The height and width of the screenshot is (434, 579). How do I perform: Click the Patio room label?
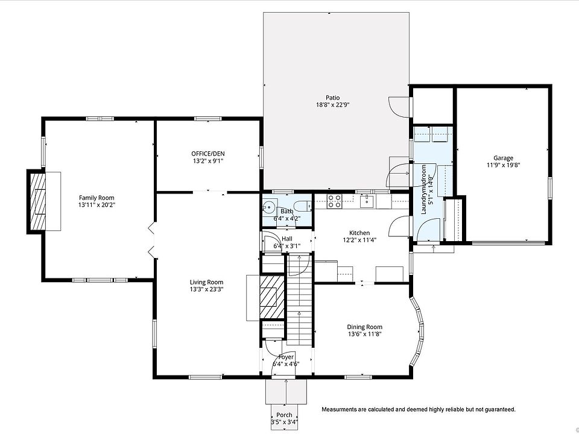(332, 98)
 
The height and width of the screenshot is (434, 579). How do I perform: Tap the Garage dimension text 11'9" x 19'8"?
(503, 165)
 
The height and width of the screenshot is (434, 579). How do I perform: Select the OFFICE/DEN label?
(208, 154)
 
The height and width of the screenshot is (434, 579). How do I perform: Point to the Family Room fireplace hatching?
(38, 201)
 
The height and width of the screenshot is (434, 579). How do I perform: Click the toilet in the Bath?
(304, 206)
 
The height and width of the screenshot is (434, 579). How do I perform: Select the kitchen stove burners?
(334, 201)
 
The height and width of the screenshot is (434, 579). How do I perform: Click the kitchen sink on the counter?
(367, 201)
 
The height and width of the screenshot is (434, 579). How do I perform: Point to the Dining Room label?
(364, 327)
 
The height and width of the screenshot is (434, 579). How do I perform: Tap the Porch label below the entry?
(284, 415)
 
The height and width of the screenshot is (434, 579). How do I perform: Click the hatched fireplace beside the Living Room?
(272, 297)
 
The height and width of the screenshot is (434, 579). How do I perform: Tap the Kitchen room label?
(359, 233)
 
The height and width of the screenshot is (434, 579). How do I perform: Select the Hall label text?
(287, 239)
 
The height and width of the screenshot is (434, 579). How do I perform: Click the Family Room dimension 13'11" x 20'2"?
(96, 205)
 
